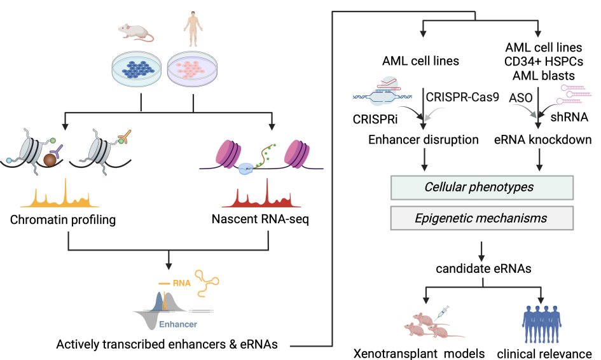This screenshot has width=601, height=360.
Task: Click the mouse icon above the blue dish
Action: click(136, 32)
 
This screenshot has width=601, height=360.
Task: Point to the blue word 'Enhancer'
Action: click(177, 324)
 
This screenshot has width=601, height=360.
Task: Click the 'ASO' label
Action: click(520, 97)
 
